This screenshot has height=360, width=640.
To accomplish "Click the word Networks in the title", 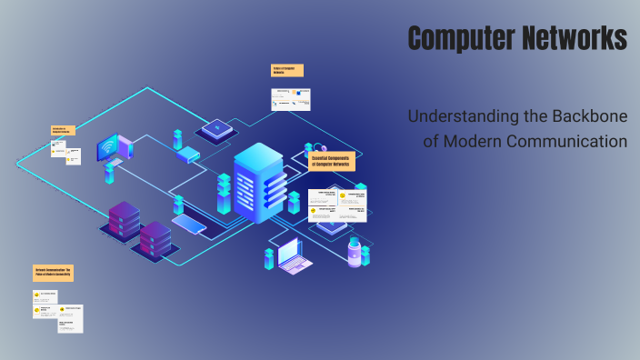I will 572,38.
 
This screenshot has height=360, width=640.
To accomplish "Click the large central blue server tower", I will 259,182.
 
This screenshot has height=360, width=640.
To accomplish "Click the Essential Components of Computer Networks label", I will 331,161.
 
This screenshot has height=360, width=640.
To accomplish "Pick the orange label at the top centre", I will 287,70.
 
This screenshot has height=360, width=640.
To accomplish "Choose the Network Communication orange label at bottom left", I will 54,273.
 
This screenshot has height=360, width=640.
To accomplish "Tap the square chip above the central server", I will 217,130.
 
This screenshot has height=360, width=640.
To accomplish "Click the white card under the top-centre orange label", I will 291,99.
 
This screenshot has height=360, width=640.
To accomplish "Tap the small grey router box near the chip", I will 187,155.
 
